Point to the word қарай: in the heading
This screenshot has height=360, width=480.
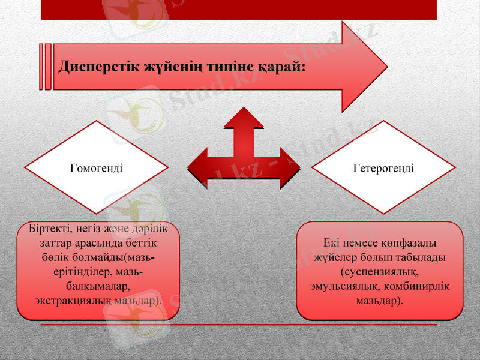pos(281,65)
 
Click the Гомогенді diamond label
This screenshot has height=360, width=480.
pos(97,168)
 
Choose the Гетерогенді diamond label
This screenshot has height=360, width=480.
pos(384,168)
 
